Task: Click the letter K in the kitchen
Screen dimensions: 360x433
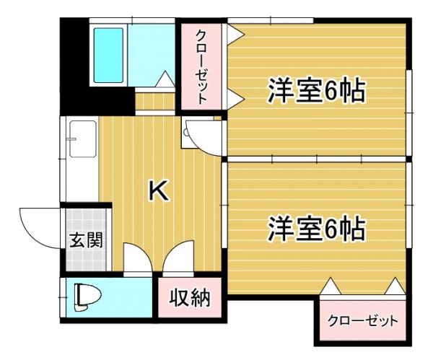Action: point(158,190)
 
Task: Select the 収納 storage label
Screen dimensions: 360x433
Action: point(190,297)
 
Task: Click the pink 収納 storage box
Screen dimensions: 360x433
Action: point(190,297)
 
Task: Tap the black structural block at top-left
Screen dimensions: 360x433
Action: point(72,65)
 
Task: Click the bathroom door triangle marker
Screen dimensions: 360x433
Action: point(165,78)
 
